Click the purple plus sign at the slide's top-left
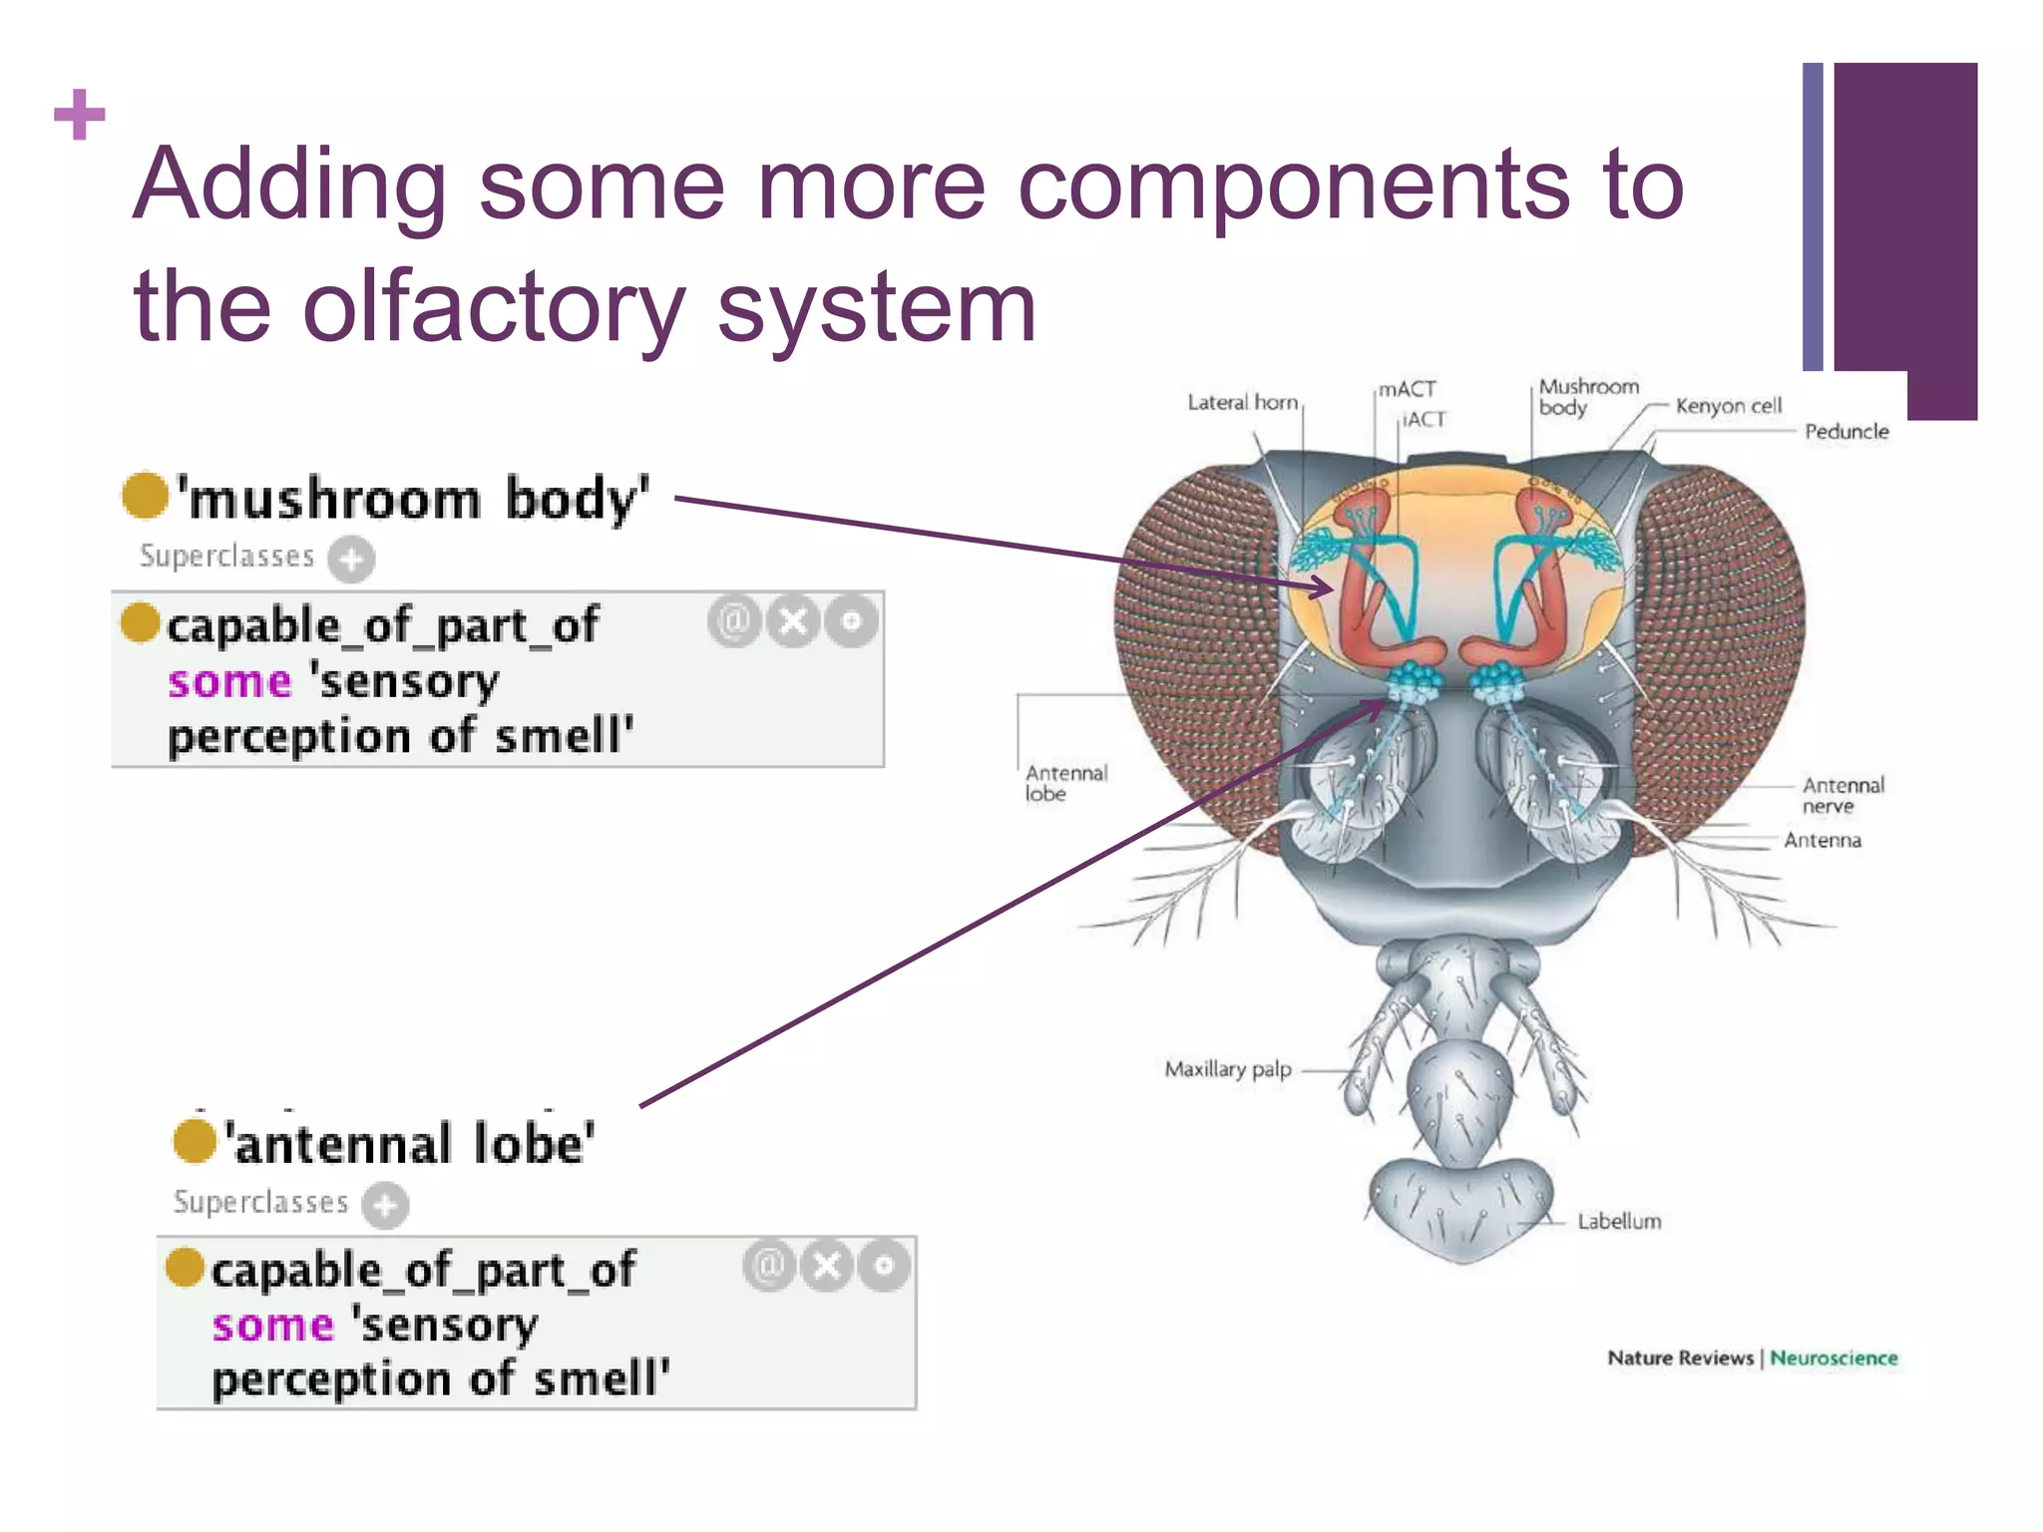pos(80,116)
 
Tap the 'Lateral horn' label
pos(1242,402)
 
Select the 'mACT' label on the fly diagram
pos(1407,389)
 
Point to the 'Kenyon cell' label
pos(1728,406)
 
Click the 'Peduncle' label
pos(1845,432)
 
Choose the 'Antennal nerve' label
pos(1842,795)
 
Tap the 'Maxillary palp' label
pos(1227,1069)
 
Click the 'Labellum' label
pos(1618,1221)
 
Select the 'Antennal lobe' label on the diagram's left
pos(1065,783)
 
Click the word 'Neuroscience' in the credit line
pos(1833,1357)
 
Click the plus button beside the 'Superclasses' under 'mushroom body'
pos(351,559)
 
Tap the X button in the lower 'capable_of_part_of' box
pos(827,1266)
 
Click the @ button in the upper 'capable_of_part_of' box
pos(734,621)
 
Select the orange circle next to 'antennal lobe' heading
pos(195,1141)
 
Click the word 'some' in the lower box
pos(272,1326)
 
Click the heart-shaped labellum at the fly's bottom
pos(1461,1207)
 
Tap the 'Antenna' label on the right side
pos(1822,840)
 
